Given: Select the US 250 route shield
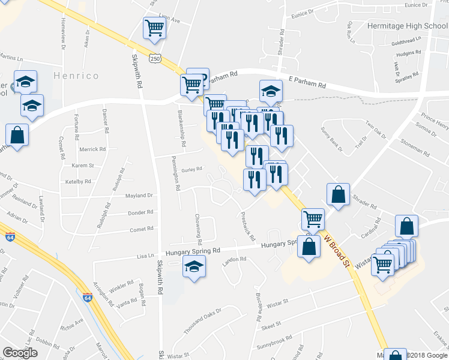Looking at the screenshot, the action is coord(155,58).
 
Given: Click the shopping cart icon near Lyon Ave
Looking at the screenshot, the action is coord(154,28).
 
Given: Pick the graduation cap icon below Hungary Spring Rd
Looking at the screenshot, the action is coord(193,266).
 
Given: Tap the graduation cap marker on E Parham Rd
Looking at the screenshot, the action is coord(271,92).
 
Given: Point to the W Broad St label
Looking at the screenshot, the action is coord(336,250).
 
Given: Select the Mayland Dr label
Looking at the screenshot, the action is coord(139,196).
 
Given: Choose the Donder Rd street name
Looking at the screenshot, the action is coord(141,212).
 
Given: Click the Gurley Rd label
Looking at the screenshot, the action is coord(192,170).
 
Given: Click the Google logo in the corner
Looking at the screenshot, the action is coord(20,352).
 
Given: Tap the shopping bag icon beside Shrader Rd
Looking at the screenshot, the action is coord(339,195).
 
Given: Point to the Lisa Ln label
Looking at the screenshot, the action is coord(145,256).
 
